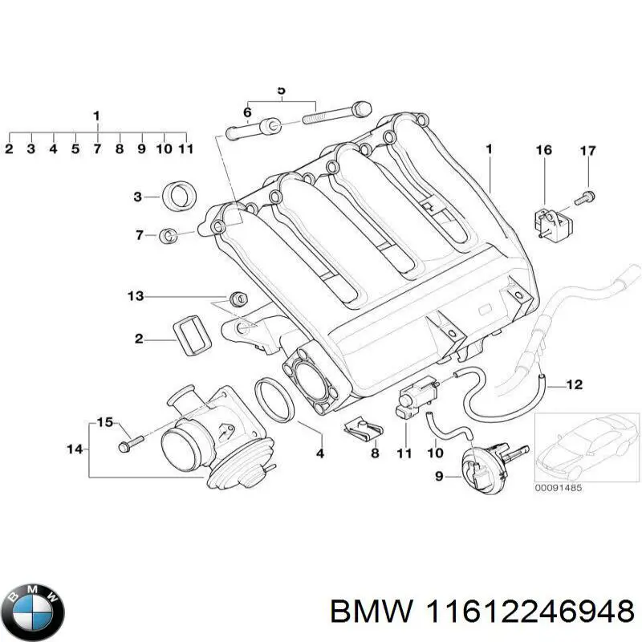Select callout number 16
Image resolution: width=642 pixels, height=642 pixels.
[544, 150]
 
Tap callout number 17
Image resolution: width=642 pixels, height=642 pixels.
[587, 150]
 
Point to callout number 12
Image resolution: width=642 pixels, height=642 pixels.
[574, 384]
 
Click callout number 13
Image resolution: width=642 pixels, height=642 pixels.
[135, 297]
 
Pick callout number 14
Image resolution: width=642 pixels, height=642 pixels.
[75, 449]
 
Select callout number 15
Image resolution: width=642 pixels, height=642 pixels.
[105, 422]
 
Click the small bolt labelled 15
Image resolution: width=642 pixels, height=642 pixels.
[130, 441]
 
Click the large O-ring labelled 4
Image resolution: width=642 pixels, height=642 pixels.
[274, 400]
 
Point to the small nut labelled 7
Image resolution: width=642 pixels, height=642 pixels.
[169, 235]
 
